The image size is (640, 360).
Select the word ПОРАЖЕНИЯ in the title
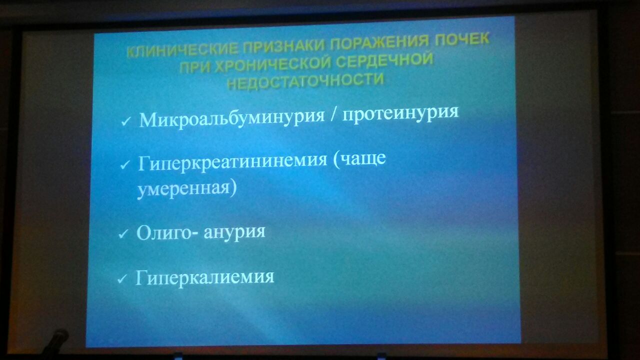(x=379, y=42)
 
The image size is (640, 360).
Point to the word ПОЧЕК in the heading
(x=462, y=39)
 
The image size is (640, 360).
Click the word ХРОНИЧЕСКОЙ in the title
(x=272, y=65)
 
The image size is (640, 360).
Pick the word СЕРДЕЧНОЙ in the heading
(x=384, y=60)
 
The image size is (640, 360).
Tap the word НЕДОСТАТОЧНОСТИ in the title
(x=305, y=81)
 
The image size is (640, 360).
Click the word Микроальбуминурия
(x=231, y=118)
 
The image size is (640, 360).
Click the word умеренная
(x=183, y=189)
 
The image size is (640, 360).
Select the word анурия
(x=234, y=231)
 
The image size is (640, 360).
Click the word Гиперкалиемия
(x=204, y=277)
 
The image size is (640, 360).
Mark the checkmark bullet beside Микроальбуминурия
(x=125, y=121)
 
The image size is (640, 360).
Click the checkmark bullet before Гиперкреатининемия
(x=125, y=164)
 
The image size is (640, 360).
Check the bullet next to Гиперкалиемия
(x=121, y=279)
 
